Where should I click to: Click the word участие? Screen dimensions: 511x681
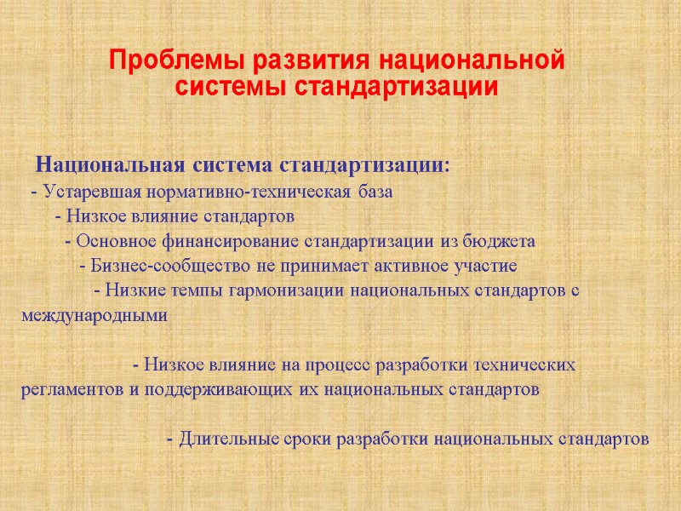[x=486, y=265]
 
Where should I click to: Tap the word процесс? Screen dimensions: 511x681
[x=330, y=365]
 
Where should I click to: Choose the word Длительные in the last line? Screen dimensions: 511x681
[x=222, y=440]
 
